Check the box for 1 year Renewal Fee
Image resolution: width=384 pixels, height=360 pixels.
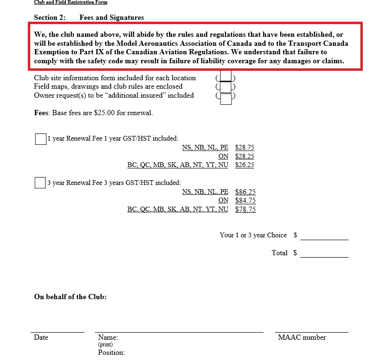click(41, 139)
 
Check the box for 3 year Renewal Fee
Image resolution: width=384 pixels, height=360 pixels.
click(40, 183)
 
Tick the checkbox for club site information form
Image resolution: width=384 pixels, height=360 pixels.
click(226, 76)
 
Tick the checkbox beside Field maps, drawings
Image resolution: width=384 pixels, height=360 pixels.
click(226, 87)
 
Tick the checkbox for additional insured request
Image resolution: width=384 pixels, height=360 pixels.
click(226, 99)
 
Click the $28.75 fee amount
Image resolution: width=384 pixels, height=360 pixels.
click(244, 148)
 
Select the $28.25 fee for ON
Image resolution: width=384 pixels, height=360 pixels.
click(244, 156)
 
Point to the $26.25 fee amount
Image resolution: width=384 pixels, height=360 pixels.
click(244, 165)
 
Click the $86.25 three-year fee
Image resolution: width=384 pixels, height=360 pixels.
click(245, 192)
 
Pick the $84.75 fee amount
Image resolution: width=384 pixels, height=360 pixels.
click(245, 201)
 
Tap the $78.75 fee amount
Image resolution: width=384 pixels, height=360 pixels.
click(245, 209)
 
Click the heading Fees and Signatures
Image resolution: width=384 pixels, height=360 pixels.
click(111, 18)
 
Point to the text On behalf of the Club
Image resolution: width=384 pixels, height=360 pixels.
click(70, 297)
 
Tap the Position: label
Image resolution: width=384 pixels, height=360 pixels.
click(111, 352)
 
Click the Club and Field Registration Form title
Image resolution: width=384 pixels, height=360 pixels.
click(70, 2)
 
